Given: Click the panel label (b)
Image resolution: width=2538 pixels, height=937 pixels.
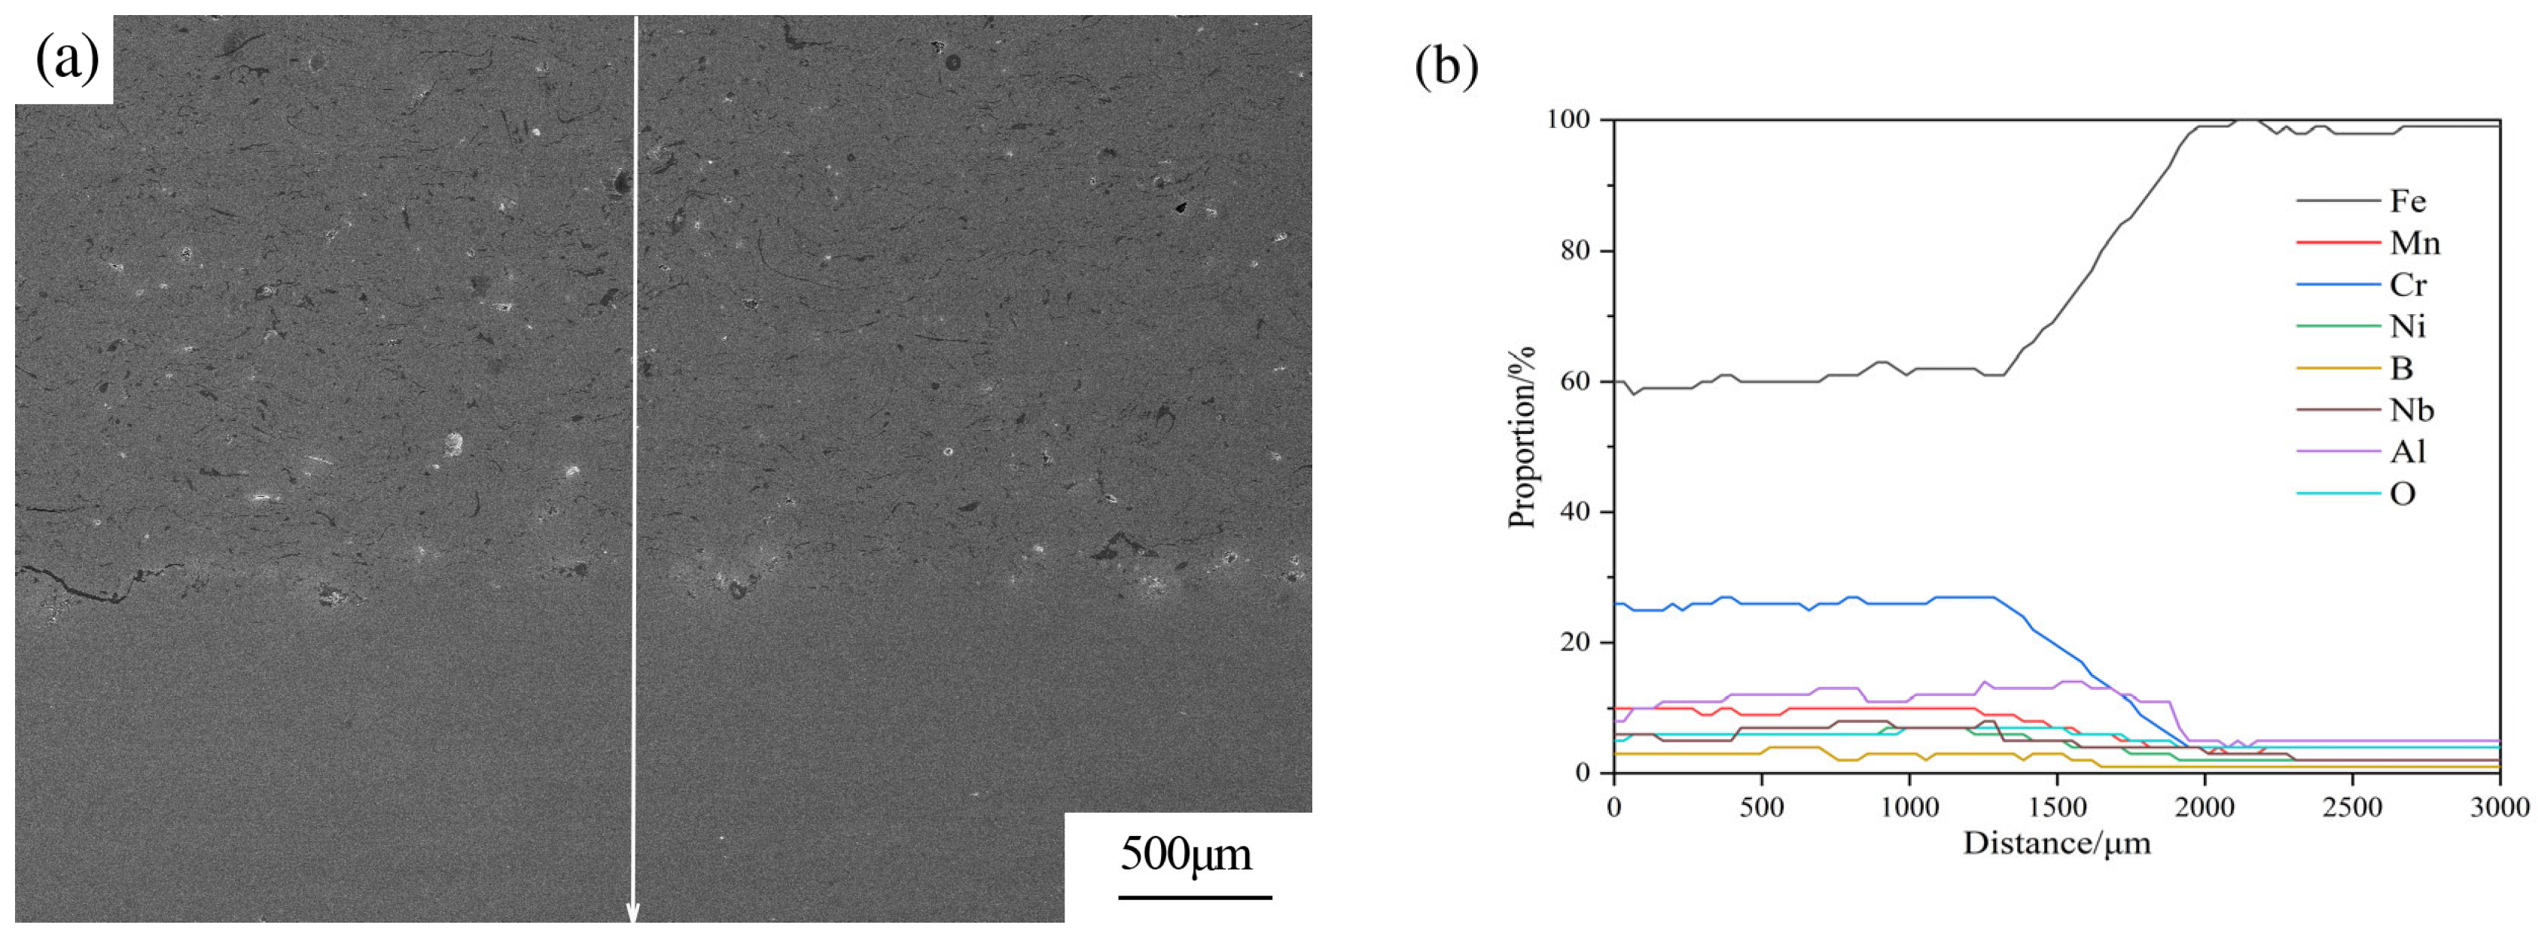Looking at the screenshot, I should tap(1446, 67).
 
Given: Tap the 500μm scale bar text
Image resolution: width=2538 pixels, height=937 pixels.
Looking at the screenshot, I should tap(1187, 853).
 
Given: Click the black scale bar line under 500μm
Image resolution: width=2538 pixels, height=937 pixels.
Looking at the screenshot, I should tap(1195, 896).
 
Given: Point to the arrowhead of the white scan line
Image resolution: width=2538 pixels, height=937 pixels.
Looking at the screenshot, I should tap(633, 914).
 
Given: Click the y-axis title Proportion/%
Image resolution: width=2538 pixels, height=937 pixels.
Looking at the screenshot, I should tap(1522, 436).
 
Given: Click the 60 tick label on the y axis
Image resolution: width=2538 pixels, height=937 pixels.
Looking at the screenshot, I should tap(1574, 381).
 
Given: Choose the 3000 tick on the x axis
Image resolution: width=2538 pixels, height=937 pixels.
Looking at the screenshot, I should tap(2500, 809).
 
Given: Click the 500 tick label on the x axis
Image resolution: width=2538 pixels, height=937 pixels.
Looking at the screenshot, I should tap(1762, 809).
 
